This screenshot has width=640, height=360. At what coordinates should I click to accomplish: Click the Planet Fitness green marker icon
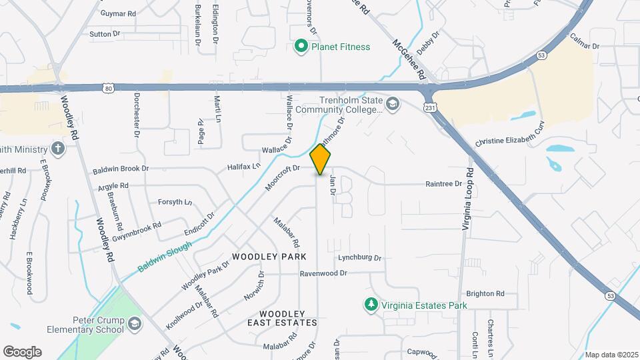click(301, 47)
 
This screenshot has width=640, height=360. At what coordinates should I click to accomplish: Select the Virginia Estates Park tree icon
click(371, 305)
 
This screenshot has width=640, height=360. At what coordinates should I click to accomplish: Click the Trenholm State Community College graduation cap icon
click(393, 103)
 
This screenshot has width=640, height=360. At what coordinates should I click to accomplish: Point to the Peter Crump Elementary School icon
click(135, 324)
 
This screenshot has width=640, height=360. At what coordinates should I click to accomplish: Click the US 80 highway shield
click(109, 87)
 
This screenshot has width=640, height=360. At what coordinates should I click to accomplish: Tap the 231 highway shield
click(431, 107)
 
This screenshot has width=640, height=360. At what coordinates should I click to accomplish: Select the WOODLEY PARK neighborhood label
click(269, 257)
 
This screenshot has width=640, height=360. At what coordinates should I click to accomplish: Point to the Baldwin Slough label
click(165, 257)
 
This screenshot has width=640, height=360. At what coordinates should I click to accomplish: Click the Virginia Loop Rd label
click(468, 199)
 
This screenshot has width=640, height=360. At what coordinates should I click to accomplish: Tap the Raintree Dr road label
click(443, 184)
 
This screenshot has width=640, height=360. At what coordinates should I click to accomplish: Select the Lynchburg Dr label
click(359, 258)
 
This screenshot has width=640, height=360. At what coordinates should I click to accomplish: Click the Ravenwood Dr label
click(323, 273)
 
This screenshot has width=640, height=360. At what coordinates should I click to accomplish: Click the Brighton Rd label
click(485, 293)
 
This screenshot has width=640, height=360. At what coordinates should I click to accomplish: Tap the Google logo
click(22, 352)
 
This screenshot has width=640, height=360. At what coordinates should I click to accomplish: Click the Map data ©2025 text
click(612, 355)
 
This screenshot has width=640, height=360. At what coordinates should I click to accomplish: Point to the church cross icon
click(59, 148)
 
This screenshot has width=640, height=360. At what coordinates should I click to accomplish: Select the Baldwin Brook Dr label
click(121, 170)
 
